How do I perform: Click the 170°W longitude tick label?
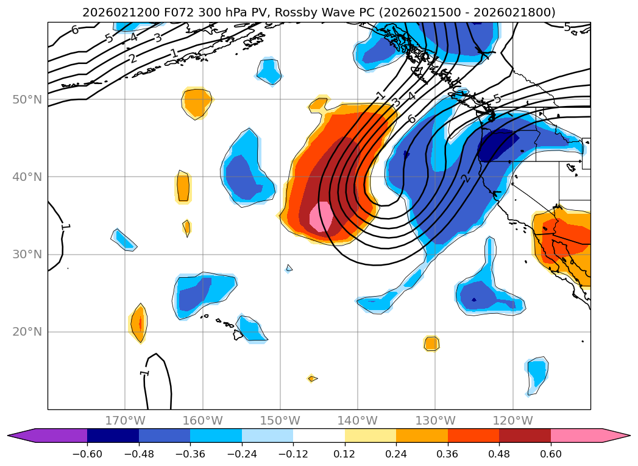coord(125,420)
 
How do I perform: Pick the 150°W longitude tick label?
coord(280,420)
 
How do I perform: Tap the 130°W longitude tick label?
coord(435,420)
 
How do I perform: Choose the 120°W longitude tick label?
coord(512,420)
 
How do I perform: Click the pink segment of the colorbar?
coord(576,435)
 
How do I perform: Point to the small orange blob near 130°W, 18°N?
coord(431,344)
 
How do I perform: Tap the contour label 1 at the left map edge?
coord(65,227)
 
